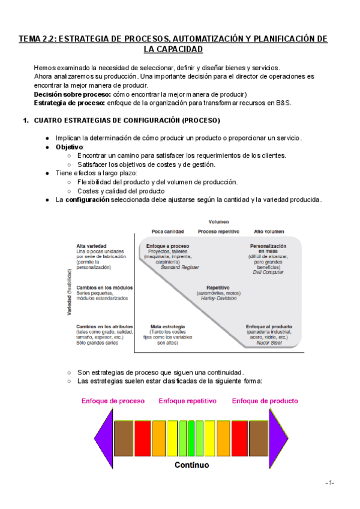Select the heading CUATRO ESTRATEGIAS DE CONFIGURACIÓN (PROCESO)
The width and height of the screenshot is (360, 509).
point(127,121)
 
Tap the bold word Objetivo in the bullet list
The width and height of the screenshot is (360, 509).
point(70,147)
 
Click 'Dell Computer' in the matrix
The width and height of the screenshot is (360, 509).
point(268,272)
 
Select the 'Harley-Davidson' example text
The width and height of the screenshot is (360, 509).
point(218,298)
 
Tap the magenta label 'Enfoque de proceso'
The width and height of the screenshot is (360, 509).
point(113,401)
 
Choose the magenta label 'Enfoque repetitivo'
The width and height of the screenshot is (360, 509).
point(187,401)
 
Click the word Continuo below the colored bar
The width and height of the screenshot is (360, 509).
point(192,465)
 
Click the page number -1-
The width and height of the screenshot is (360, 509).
point(329,483)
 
